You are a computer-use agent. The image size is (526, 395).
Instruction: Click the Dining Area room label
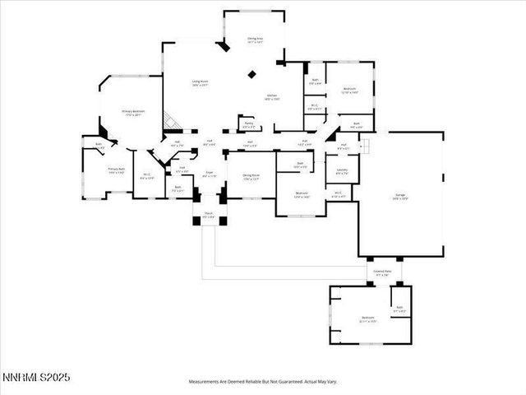[x=254, y=40]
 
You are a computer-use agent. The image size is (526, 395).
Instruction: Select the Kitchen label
[x=273, y=97]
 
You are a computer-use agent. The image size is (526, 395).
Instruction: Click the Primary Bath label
[x=116, y=170]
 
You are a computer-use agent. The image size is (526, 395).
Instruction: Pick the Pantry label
[x=247, y=126]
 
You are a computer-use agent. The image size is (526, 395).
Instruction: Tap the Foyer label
[x=210, y=174]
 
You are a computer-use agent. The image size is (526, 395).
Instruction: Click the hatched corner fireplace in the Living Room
[x=170, y=121]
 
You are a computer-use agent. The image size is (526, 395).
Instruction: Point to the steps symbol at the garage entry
[x=367, y=146]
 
